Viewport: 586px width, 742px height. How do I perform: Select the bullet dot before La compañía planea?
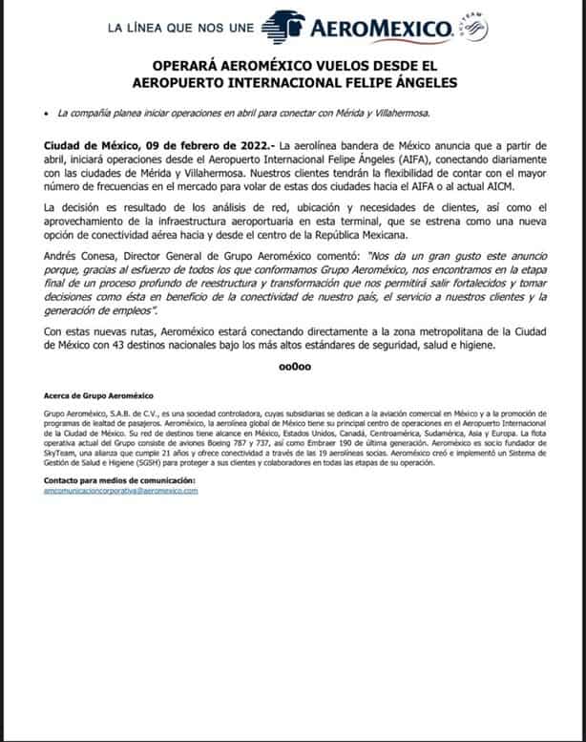point(47,114)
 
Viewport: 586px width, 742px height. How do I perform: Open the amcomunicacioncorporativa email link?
point(121,490)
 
